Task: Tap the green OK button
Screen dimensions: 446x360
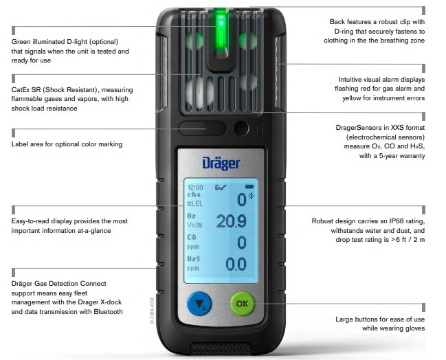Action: pyautogui.click(x=242, y=304)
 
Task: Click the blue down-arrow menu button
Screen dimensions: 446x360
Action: pyautogui.click(x=199, y=304)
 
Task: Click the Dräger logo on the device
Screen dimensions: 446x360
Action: pyautogui.click(x=221, y=164)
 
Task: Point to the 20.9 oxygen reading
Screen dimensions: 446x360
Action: pyautogui.click(x=232, y=221)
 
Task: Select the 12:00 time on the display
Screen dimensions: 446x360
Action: pyautogui.click(x=195, y=188)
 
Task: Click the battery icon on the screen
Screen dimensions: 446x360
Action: pyautogui.click(x=249, y=187)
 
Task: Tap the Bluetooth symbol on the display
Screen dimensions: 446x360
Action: pyautogui.click(x=251, y=196)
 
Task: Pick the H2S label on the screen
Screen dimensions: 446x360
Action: pyautogui.click(x=193, y=258)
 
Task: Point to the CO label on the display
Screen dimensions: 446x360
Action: pyautogui.click(x=192, y=237)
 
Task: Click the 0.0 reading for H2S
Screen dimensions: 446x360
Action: pyautogui.click(x=236, y=265)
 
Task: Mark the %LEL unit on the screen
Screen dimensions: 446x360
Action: pyautogui.click(x=195, y=203)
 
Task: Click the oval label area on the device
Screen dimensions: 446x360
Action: pyautogui.click(x=202, y=128)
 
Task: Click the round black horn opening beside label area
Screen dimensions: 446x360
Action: pyautogui.click(x=241, y=128)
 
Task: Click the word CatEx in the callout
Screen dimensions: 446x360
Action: pyautogui.click(x=21, y=90)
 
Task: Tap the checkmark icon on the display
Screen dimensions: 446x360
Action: pyautogui.click(x=221, y=187)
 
